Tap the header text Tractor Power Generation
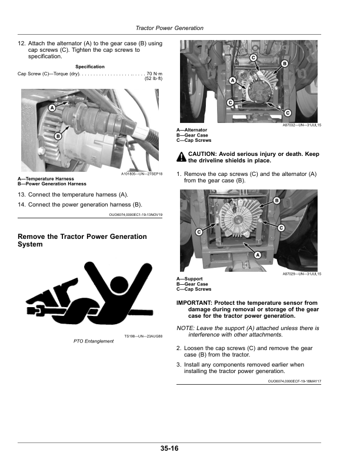pos(169,28)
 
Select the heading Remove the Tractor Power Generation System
pos(82,240)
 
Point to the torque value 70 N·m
pos(154,74)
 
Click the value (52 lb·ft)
pos(153,79)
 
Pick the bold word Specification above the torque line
pos(90,66)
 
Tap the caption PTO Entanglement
pos(94,341)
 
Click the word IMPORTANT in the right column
pos(195,303)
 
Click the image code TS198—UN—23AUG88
pos(143,336)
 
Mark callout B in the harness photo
pos(58,136)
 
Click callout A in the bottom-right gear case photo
pos(257,255)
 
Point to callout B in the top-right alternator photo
pos(285,63)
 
